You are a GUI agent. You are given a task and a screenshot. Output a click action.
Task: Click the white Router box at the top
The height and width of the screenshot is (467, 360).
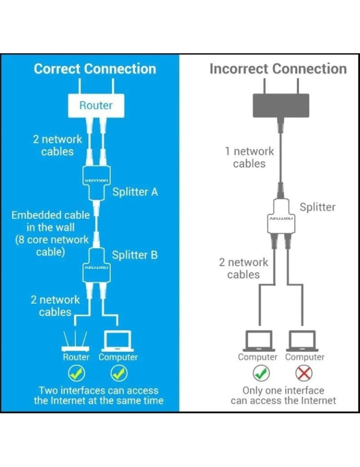click(96, 106)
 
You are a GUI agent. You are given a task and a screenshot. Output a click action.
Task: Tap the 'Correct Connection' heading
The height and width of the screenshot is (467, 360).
click(95, 69)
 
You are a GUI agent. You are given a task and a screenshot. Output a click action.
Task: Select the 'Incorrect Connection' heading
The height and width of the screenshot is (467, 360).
click(278, 69)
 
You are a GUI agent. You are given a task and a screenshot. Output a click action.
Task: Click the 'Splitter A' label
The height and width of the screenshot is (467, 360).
click(135, 191)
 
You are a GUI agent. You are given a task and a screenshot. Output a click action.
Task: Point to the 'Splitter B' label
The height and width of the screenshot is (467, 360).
click(134, 255)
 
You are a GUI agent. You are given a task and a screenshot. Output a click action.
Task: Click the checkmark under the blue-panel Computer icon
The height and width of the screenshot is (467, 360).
click(119, 373)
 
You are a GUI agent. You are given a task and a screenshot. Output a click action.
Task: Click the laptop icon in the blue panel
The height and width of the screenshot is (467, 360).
click(118, 341)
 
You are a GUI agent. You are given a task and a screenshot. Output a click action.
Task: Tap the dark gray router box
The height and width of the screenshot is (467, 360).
click(281, 105)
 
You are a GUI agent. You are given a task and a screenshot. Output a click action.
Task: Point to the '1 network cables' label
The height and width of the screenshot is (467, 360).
click(249, 157)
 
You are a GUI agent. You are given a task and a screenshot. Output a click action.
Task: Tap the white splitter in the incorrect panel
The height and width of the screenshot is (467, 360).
click(281, 219)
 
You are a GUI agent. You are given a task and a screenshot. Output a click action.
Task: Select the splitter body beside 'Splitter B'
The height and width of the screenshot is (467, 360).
click(96, 268)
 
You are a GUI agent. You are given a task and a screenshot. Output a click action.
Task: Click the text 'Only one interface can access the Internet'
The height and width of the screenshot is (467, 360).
click(283, 395)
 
